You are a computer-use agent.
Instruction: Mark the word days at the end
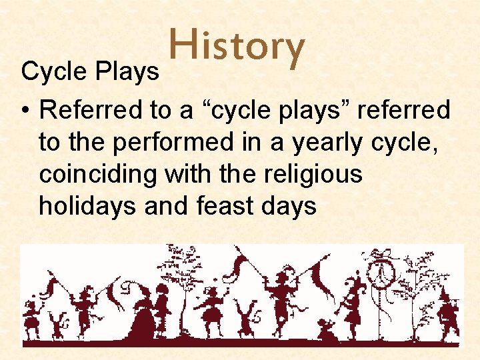pyautogui.click(x=291, y=207)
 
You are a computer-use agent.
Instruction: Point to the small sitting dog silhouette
pyautogui.click(x=327, y=331)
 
